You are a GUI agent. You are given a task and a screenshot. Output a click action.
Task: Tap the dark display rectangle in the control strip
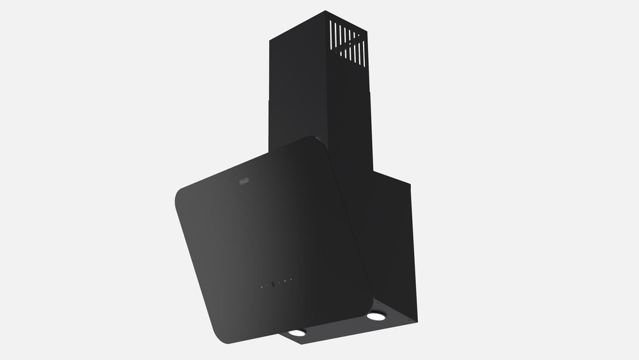point(273,284)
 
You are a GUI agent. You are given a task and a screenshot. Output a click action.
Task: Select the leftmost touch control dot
point(262,287)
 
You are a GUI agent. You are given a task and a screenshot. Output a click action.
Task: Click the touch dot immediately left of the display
point(268,285)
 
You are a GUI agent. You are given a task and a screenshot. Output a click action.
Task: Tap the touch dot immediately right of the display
point(279,282)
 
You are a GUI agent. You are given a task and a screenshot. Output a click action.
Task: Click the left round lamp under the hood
point(296,333)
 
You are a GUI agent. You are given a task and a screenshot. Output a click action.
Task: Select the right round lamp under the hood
point(376,316)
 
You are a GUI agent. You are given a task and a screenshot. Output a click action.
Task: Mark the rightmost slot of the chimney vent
point(365,55)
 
